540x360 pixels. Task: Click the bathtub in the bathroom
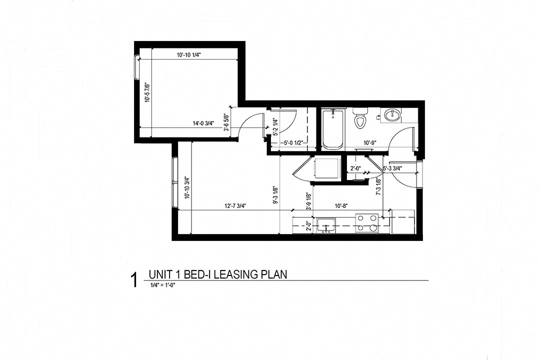pyautogui.click(x=332, y=128)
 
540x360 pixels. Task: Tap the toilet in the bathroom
pyautogui.click(x=359, y=118)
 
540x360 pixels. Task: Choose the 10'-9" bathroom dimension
pyautogui.click(x=369, y=143)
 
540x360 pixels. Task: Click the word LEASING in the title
pyautogui.click(x=242, y=274)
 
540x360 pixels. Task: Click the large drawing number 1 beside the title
pyautogui.click(x=133, y=280)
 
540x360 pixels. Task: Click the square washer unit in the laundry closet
pyautogui.click(x=325, y=168)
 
